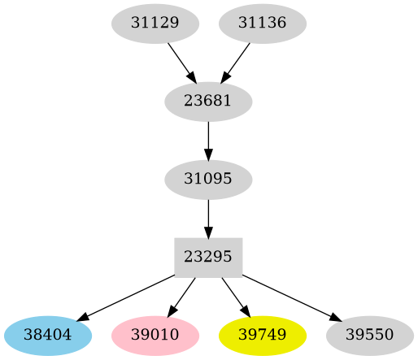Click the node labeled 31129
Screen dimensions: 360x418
155,24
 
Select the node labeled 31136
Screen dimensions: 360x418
263,24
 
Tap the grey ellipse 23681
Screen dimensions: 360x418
208,102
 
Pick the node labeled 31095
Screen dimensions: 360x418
208,179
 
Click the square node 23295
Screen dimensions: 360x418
208,256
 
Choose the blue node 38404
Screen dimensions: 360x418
48,335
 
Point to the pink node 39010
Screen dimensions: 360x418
155,335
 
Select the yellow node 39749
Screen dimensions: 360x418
263,335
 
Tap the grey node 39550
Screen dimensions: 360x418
370,335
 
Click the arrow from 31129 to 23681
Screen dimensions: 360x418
181,62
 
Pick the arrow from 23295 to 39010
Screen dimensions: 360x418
182,296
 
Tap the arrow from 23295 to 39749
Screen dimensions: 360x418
235,296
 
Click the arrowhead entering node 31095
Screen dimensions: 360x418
208,156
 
